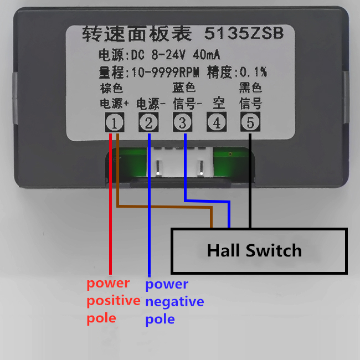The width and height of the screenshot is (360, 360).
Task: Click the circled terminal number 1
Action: coord(114,122)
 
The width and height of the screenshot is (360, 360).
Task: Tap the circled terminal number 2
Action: coord(148,122)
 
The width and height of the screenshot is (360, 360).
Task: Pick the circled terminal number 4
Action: coord(217,122)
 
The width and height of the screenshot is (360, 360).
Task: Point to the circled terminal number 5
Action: coord(250,122)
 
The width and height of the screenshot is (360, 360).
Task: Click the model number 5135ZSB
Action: coord(244,34)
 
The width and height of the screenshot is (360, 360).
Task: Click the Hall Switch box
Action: coord(259,251)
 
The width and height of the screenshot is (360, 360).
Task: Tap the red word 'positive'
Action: coord(113,301)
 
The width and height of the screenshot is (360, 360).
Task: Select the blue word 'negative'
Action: coord(174,302)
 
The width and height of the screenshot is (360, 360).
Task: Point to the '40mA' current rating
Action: coord(207,55)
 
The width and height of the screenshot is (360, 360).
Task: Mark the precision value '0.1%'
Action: coord(253,72)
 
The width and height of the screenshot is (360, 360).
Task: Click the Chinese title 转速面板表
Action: coord(137,34)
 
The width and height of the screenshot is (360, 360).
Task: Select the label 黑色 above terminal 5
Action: coord(250,88)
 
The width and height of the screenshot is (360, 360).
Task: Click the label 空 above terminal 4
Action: coord(218,104)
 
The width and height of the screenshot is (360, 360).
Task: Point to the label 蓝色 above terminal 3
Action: coord(184,88)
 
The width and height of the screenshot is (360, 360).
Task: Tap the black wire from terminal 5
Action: coord(250,183)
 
